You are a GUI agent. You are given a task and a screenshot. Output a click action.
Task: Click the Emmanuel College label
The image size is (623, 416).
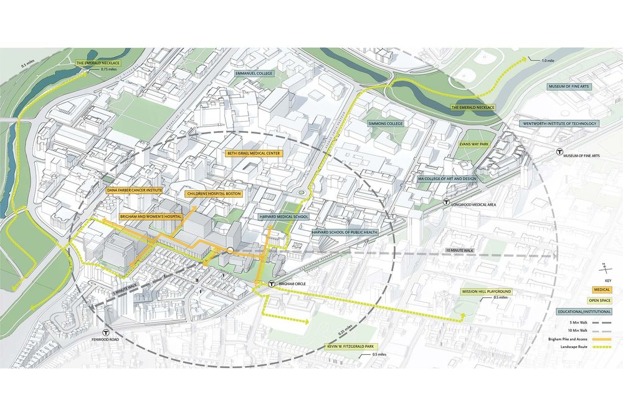coord(254,74)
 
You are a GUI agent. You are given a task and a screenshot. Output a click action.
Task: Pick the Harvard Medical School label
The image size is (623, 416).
coord(283,217)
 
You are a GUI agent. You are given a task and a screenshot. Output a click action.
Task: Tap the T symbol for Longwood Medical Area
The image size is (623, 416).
coord(446,202)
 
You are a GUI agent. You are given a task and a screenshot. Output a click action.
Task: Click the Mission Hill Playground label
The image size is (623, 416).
coord(486,291)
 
